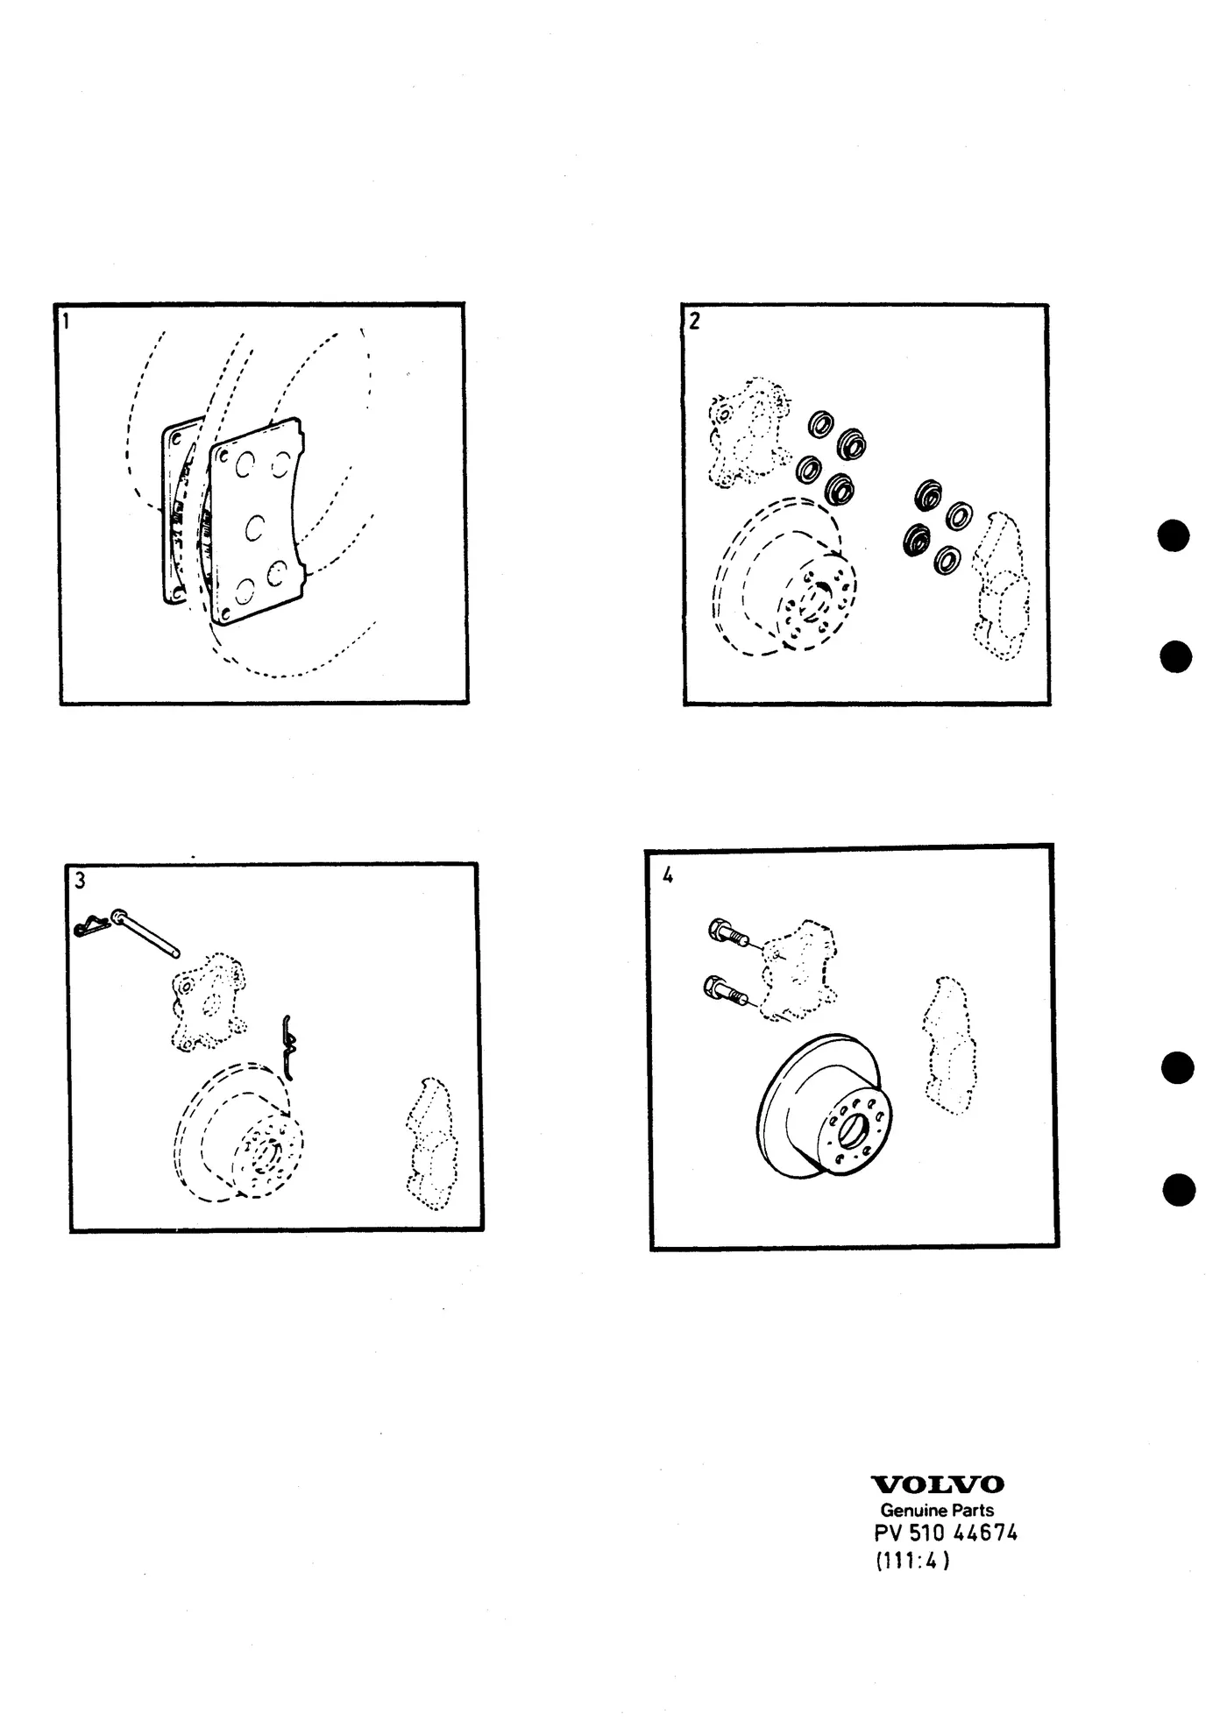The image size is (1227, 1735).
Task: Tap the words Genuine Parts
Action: pyautogui.click(x=937, y=1510)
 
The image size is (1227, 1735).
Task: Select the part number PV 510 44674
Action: pyautogui.click(x=946, y=1533)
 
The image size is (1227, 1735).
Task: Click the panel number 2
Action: pyautogui.click(x=694, y=322)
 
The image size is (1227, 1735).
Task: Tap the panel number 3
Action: pyautogui.click(x=81, y=881)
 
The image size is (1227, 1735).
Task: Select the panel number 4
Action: pyautogui.click(x=668, y=875)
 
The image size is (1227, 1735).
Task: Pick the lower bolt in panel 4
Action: pyautogui.click(x=726, y=991)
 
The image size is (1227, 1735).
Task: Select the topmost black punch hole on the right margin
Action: pyautogui.click(x=1174, y=536)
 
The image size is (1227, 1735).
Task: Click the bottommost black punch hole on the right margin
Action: pyautogui.click(x=1180, y=1190)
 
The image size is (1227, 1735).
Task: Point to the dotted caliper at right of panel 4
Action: pyautogui.click(x=947, y=1045)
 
